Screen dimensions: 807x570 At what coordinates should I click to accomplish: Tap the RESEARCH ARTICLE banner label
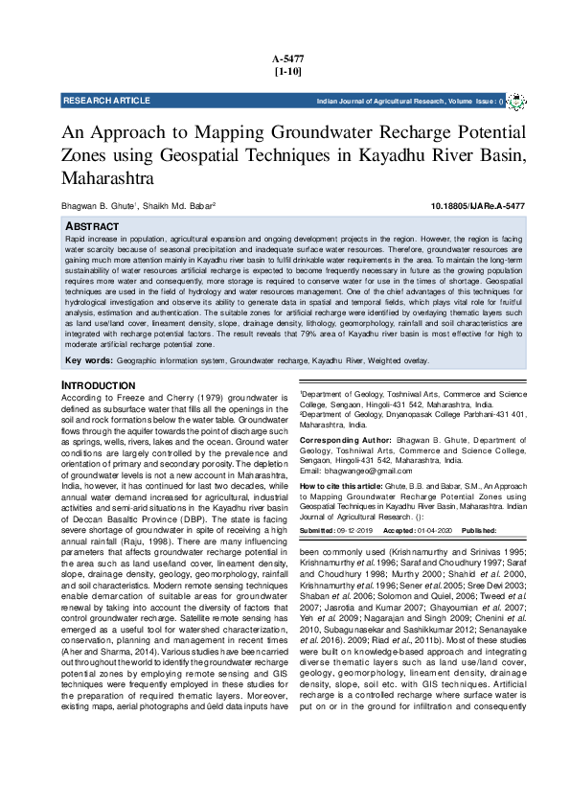pos(106,101)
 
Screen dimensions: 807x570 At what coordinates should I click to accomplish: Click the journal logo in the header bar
pos(515,101)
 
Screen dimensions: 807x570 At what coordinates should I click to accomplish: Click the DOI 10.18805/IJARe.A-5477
pos(477,206)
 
